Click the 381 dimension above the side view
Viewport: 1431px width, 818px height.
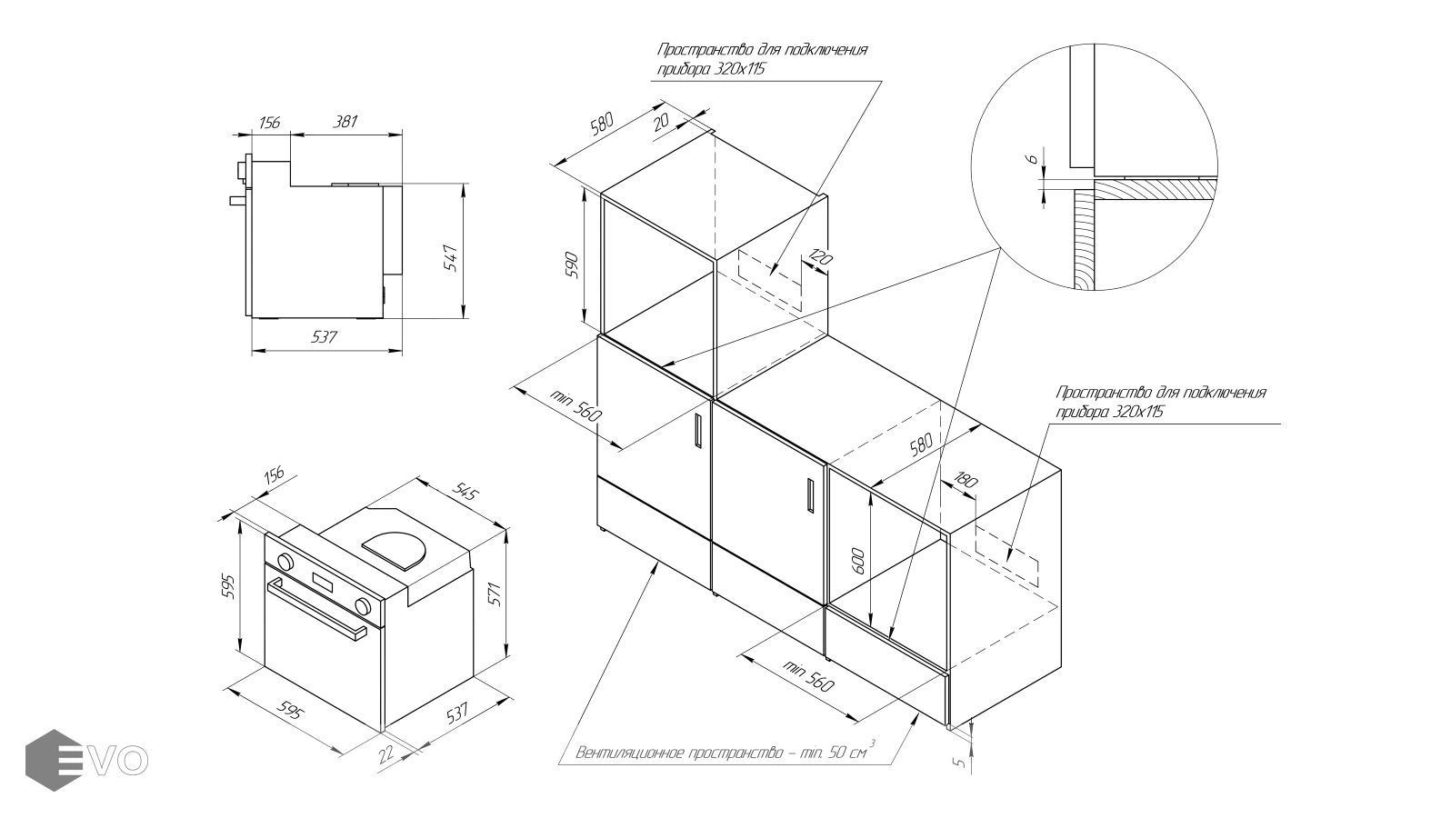coord(345,121)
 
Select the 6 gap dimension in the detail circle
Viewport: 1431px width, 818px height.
coord(1031,160)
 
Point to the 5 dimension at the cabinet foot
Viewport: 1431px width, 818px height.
coord(959,762)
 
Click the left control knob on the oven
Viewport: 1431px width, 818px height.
coord(285,562)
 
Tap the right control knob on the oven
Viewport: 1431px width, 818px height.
coord(365,606)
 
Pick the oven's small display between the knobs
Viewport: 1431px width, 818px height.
coord(325,583)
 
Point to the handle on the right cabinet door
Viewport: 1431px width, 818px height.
coord(809,496)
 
